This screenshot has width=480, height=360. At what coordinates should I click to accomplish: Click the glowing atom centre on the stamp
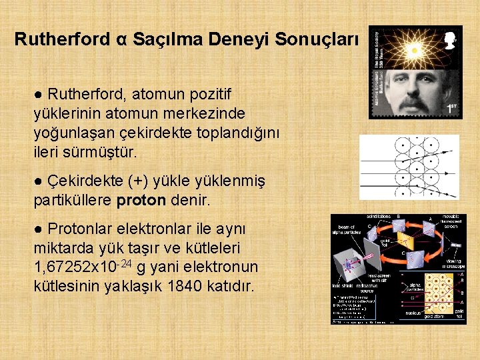(x=414, y=49)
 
